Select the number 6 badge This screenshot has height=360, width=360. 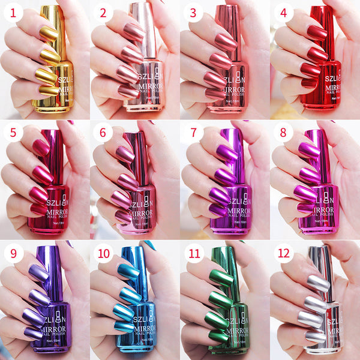(x=103, y=133)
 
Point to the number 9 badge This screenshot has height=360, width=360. (x=13, y=253)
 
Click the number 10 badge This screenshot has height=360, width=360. (x=103, y=253)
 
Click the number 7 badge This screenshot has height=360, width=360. (x=194, y=133)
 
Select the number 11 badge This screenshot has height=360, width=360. (x=194, y=253)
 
